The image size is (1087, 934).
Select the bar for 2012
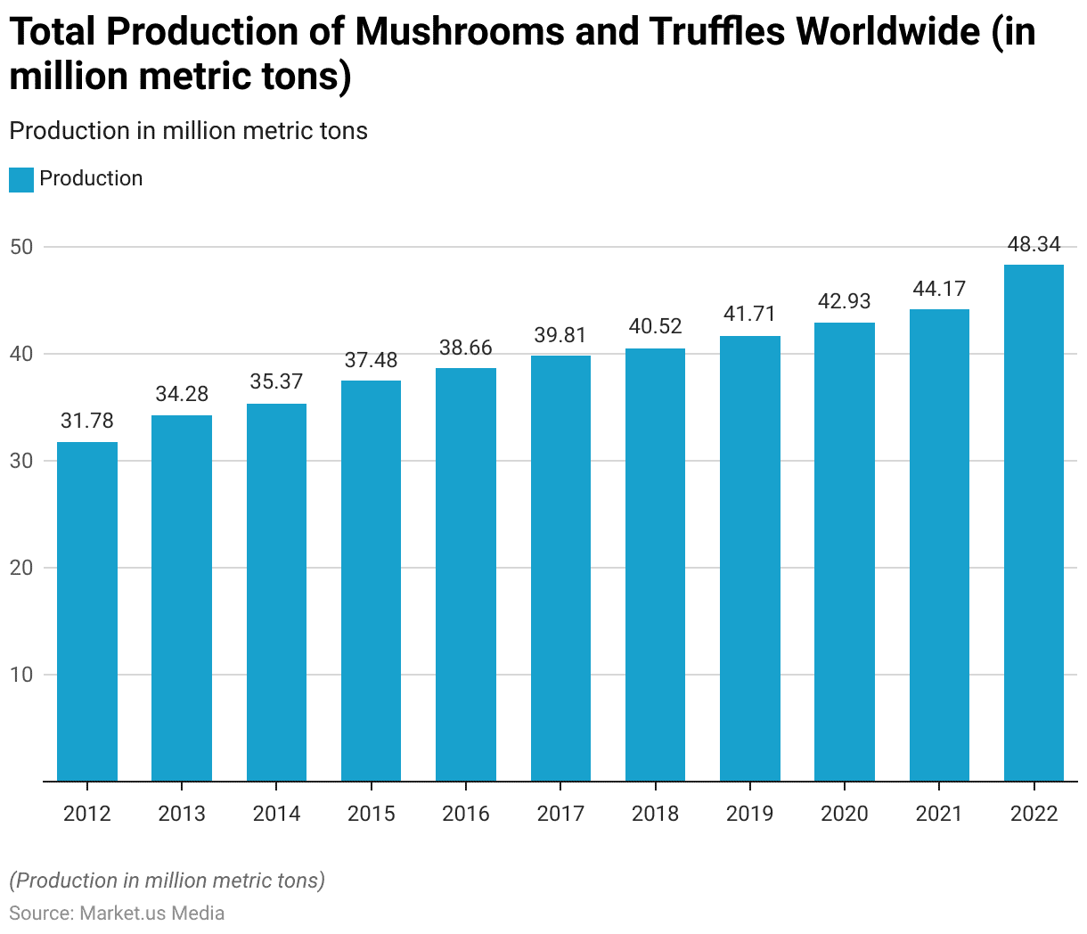pyautogui.click(x=87, y=611)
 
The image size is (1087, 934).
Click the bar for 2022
pyautogui.click(x=1034, y=523)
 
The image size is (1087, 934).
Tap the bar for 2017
pyautogui.click(x=560, y=569)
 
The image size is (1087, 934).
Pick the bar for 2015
pyautogui.click(x=371, y=581)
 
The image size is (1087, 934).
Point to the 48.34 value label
pyautogui.click(x=1034, y=244)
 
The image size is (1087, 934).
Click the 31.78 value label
pyautogui.click(x=87, y=421)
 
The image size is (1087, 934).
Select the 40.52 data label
pyautogui.click(x=655, y=326)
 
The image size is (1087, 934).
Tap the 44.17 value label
pyautogui.click(x=939, y=289)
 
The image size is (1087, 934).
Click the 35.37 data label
pyautogui.click(x=276, y=381)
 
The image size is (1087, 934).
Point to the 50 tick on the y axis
pyautogui.click(x=21, y=247)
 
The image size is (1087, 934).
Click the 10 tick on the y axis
pyautogui.click(x=21, y=675)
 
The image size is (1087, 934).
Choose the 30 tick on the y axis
pyautogui.click(x=21, y=461)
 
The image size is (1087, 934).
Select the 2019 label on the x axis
pyautogui.click(x=749, y=814)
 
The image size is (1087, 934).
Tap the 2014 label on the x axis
pyautogui.click(x=276, y=814)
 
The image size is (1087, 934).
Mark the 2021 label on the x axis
pyautogui.click(x=939, y=814)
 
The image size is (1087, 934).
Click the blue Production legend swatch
pyautogui.click(x=21, y=179)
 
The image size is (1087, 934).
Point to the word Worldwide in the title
pyautogui.click(x=887, y=33)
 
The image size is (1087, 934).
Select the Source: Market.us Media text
pyautogui.click(x=117, y=914)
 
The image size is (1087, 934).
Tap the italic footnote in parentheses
pyautogui.click(x=168, y=881)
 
